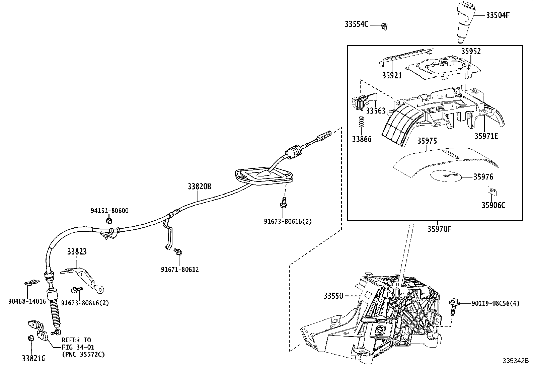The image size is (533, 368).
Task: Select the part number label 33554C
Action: [x=357, y=24]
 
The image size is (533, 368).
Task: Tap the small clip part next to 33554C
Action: [x=384, y=26]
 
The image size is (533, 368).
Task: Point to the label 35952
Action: [x=471, y=51]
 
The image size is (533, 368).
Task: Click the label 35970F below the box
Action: [x=439, y=229]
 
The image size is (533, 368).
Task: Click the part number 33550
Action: [x=333, y=296]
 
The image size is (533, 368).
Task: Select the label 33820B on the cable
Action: [x=200, y=187]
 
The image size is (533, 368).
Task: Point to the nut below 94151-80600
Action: [x=108, y=220]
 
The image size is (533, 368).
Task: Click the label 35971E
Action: [x=486, y=136]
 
